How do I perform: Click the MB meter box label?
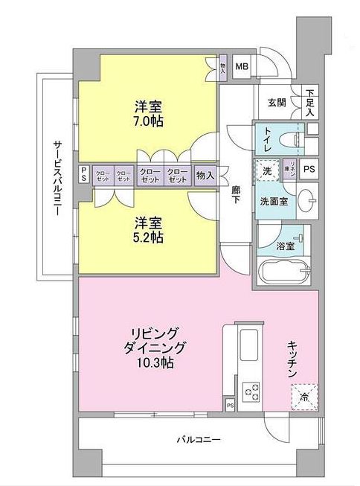click(242, 66)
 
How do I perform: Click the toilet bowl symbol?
click(291, 139)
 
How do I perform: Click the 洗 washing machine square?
click(266, 171)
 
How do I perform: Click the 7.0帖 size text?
click(149, 121)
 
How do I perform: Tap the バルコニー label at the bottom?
click(198, 440)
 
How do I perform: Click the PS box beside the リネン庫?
click(309, 168)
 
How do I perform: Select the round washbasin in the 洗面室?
click(309, 201)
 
